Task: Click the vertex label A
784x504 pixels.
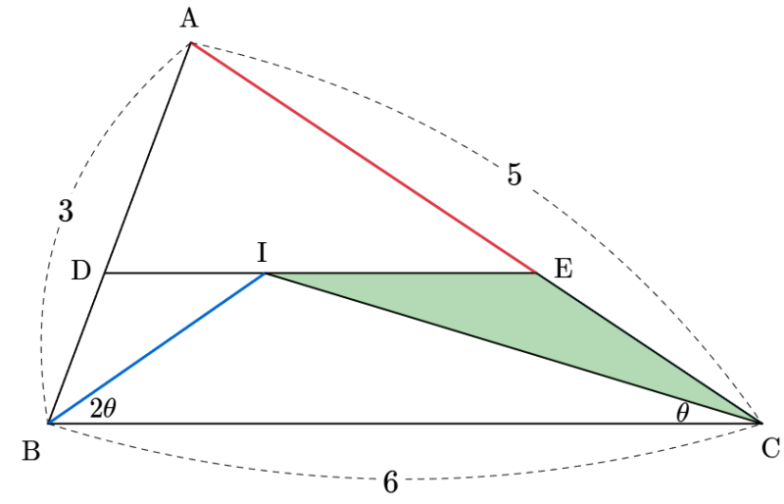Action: (x=189, y=20)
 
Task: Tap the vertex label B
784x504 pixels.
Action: (x=31, y=451)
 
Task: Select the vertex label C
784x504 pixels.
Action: (x=770, y=448)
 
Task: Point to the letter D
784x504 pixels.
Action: (x=81, y=271)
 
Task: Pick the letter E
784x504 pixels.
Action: (x=563, y=269)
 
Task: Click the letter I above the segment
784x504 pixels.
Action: (x=262, y=253)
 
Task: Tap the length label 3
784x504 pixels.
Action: (x=66, y=211)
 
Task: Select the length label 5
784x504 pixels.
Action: (x=514, y=175)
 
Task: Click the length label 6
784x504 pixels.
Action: (x=390, y=483)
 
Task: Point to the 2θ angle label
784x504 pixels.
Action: (x=103, y=409)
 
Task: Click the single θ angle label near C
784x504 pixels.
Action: (x=682, y=414)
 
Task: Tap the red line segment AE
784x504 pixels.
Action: (x=364, y=158)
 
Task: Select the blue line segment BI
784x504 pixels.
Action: (x=157, y=348)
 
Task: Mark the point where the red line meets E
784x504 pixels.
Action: (x=537, y=274)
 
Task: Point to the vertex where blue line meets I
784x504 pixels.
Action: (x=265, y=274)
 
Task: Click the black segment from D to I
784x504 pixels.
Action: (x=184, y=274)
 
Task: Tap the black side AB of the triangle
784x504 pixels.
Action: (x=119, y=233)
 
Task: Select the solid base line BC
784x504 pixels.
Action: (x=404, y=424)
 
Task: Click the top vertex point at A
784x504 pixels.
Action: (x=190, y=43)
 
